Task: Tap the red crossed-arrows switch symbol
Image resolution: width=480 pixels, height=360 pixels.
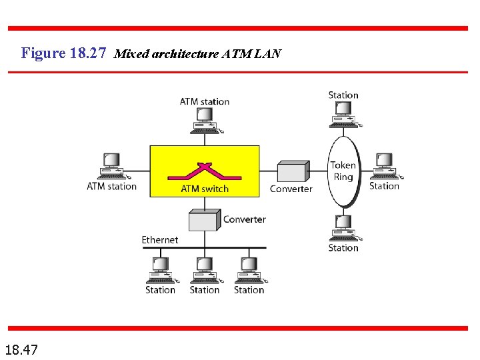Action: coord(204,171)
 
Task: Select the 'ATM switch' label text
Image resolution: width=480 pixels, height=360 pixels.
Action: coord(205,189)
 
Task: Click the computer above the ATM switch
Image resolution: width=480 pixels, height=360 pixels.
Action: coord(204,120)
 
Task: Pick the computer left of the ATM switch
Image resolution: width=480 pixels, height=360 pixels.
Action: coord(112,167)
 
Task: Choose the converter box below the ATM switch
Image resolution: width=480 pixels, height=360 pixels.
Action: coord(203,220)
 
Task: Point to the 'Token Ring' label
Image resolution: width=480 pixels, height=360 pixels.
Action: coord(343,171)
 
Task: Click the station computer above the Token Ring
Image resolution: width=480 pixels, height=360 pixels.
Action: coord(343,114)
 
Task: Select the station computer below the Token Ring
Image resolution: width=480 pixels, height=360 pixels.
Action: coord(343,228)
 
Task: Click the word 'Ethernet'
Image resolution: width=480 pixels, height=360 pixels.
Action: coord(160,239)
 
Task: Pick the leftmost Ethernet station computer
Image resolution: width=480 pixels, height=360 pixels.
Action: coord(160,270)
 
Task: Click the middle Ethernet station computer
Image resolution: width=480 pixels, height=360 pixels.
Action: coord(204,270)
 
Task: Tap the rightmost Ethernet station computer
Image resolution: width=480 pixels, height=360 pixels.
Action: coord(249,270)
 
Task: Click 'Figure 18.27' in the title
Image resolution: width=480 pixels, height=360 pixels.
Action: coord(63,53)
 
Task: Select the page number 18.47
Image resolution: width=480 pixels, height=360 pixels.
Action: coord(21,349)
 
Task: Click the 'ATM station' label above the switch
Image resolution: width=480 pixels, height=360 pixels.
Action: coord(204,101)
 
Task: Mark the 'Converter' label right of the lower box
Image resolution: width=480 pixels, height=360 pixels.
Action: coord(244,219)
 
